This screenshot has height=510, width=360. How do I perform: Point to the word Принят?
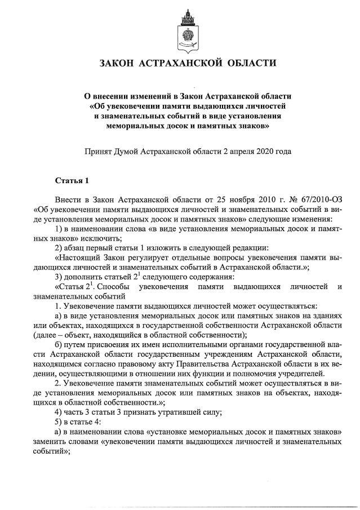[97, 151]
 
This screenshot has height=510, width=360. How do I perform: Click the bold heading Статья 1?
[72, 181]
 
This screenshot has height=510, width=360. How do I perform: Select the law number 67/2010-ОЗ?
[306, 200]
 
